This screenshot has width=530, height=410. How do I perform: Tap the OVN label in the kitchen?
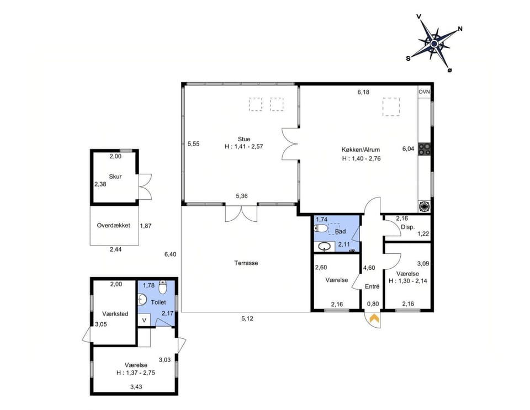(x=424, y=92)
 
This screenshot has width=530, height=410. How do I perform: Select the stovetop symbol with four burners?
(x=425, y=148)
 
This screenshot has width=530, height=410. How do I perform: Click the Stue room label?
(x=244, y=139)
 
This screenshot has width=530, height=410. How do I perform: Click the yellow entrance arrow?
(x=374, y=318)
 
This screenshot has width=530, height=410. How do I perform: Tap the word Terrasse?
(x=246, y=263)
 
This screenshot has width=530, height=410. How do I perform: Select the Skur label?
(x=115, y=177)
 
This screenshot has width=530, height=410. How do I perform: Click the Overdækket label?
(x=114, y=226)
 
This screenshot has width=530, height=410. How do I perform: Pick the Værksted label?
(x=115, y=314)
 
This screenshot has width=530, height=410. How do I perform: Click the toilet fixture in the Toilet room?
(x=162, y=288)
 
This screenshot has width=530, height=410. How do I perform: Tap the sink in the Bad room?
(x=326, y=246)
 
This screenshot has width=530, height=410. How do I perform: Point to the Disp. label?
(x=407, y=227)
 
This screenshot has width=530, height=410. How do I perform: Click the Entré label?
(x=373, y=286)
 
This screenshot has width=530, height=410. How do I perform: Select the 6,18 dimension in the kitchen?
(x=363, y=92)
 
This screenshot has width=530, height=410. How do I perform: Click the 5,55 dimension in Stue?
(x=193, y=144)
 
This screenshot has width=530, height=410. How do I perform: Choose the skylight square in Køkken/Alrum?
(x=391, y=107)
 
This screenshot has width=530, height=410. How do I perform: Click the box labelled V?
(x=144, y=320)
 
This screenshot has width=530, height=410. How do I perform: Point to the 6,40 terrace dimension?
(x=170, y=254)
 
